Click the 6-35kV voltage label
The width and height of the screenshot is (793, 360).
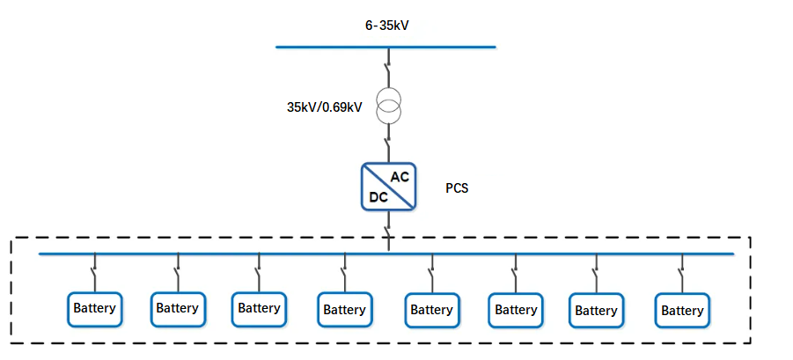tap(387, 26)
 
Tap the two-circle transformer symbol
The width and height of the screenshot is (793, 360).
tap(388, 106)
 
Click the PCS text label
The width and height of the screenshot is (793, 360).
tap(457, 188)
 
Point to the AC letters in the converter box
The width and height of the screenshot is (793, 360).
tap(400, 177)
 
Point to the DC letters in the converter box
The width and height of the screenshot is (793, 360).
tap(378, 197)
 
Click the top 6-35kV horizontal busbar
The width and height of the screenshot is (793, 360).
tap(385, 47)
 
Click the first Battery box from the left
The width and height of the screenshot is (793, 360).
tap(94, 309)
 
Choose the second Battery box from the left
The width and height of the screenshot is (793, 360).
tap(177, 309)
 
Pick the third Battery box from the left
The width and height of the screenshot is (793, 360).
tap(259, 309)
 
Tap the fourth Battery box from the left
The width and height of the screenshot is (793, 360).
tap(344, 310)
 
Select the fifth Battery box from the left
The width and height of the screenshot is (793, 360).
tap(430, 310)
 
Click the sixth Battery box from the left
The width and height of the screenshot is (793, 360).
tap(516, 310)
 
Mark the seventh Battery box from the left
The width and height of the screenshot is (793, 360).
tap(596, 311)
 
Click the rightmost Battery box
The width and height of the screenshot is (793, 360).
tap(682, 311)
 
